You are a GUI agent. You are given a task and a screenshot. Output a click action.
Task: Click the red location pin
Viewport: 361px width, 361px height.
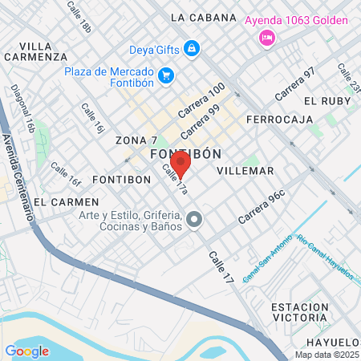180,164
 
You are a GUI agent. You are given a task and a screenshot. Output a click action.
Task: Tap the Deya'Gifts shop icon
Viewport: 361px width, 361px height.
193,50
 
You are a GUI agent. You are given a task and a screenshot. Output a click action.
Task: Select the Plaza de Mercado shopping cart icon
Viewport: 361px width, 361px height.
166,75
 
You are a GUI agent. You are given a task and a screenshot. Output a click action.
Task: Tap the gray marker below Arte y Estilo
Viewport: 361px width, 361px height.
194,219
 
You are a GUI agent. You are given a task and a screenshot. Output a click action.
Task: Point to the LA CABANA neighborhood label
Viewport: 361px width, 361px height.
204,17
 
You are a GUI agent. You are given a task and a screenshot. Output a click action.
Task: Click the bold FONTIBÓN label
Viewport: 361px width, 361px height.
186,152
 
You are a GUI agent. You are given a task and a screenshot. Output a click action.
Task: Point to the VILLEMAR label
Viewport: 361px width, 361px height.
245,171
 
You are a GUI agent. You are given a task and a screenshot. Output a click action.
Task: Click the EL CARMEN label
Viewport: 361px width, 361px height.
67,201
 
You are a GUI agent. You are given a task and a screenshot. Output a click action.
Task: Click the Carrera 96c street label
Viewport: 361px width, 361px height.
262,207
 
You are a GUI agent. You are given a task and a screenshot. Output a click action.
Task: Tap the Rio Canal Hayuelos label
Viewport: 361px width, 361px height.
325,257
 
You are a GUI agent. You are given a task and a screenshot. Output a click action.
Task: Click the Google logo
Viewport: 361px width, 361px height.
26,351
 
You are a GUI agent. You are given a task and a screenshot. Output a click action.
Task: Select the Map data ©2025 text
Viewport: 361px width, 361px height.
327,355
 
